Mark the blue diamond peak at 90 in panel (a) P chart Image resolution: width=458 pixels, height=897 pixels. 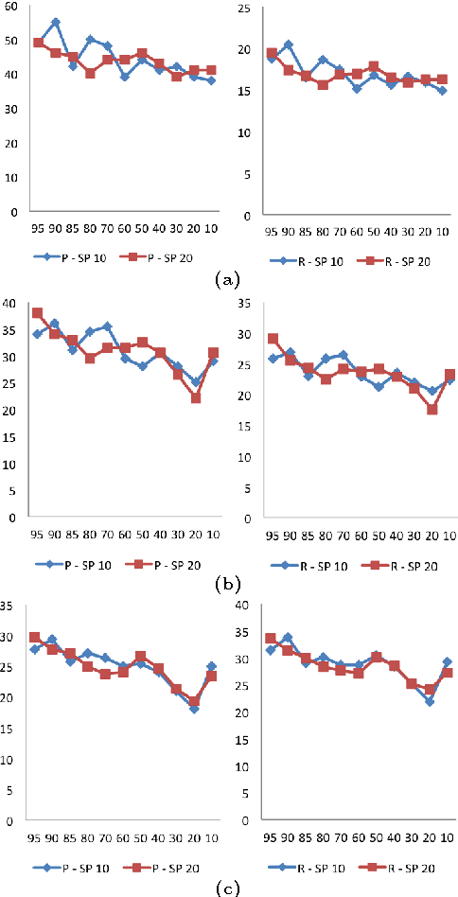click(56, 22)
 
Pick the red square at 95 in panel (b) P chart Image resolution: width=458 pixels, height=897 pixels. click(38, 313)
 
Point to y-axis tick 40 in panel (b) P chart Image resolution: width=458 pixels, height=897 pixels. click(9, 303)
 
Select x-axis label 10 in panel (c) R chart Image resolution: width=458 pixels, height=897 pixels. click(445, 838)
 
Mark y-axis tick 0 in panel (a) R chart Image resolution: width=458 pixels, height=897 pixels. click(245, 215)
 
